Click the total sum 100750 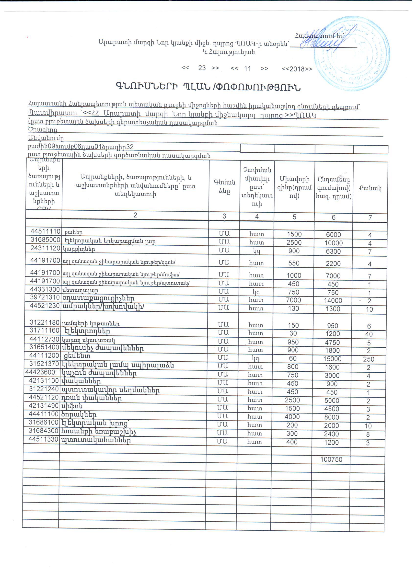[x=331, y=459]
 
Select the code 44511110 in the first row [x=46, y=231]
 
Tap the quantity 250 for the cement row [x=369, y=359]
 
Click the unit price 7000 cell [x=294, y=300]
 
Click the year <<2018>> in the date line [x=297, y=69]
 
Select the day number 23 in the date [x=202, y=68]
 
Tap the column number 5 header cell [x=294, y=217]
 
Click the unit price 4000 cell [x=292, y=417]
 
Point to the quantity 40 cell [x=369, y=334]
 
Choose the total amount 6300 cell [x=333, y=252]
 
